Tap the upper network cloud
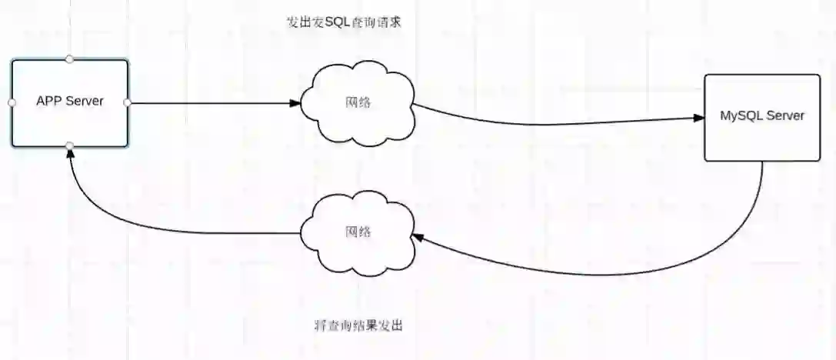(358, 102)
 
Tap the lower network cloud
(358, 232)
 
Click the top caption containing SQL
(344, 22)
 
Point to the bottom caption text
(358, 325)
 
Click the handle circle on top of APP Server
(69, 58)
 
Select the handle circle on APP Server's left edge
(12, 102)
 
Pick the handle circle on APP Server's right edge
(127, 102)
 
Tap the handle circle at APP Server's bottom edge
(69, 145)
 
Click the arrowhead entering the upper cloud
(295, 102)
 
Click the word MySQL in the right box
(738, 116)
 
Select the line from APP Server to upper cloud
(208, 102)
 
